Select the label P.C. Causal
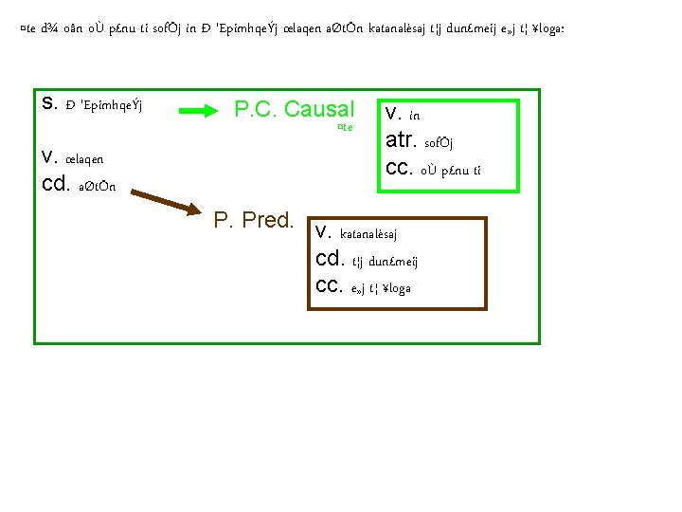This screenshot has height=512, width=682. pos(294,110)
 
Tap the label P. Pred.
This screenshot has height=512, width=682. pos(255,221)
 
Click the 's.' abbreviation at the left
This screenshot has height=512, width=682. pos(49,101)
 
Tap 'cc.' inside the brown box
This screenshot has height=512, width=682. pos(330,286)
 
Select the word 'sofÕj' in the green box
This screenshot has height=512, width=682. pos(443,144)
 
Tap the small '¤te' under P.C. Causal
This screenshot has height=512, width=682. pos(345,127)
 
